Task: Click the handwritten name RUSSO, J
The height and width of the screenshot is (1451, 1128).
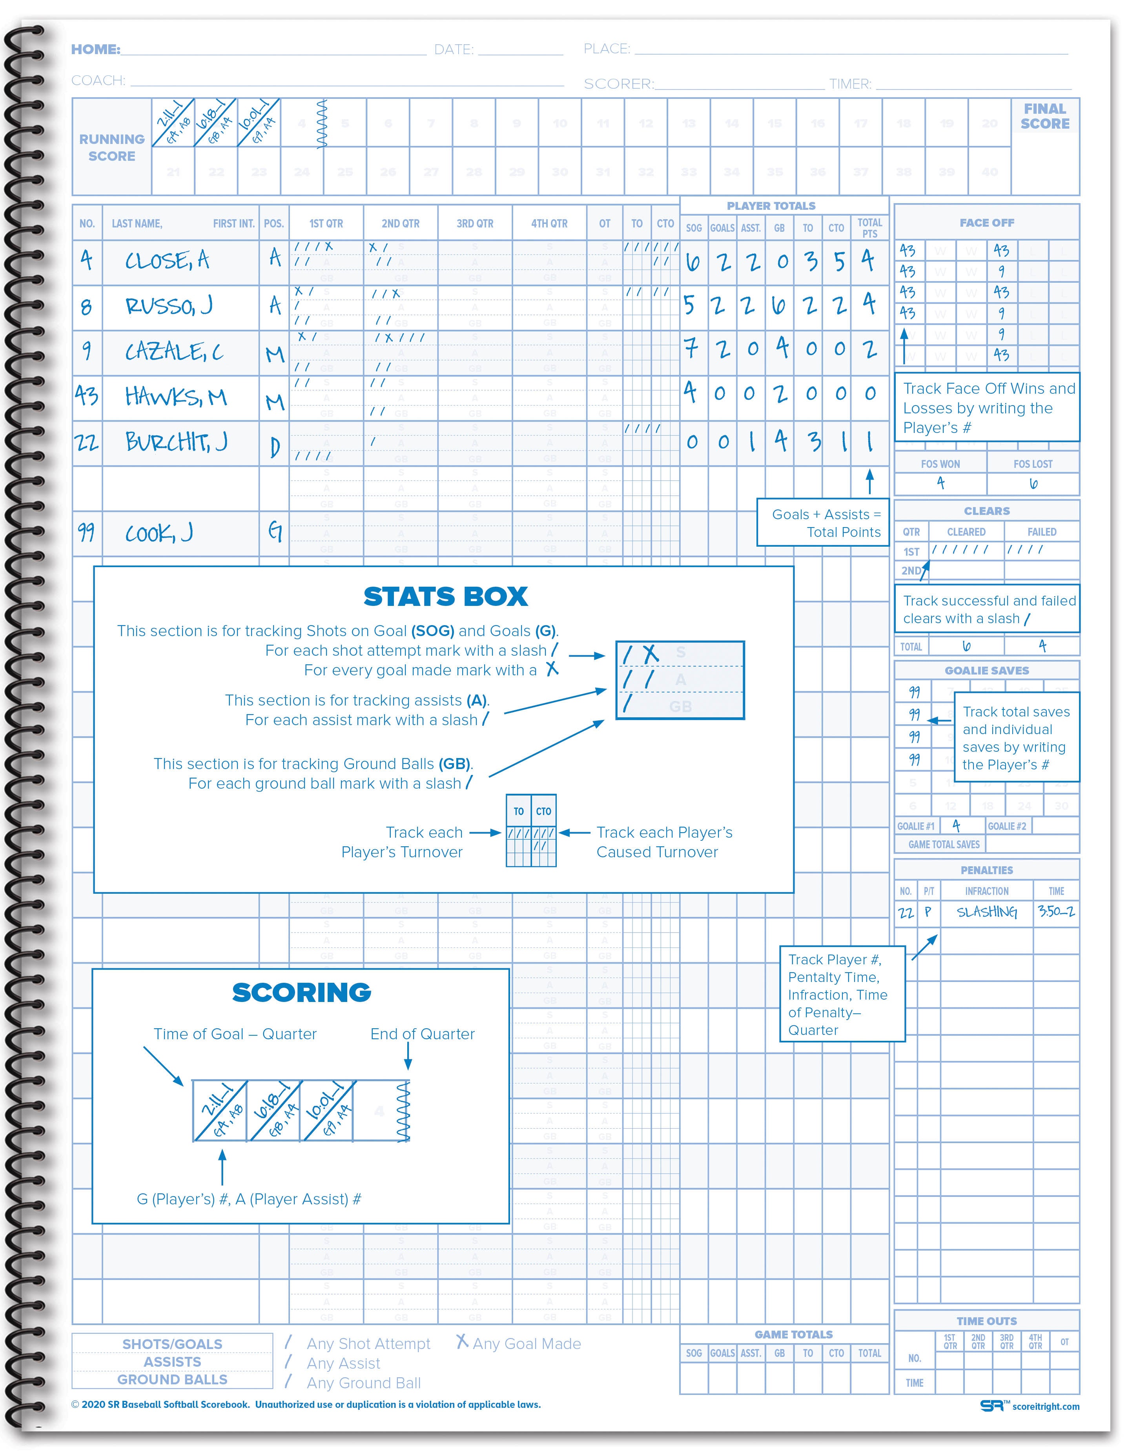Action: pyautogui.click(x=169, y=306)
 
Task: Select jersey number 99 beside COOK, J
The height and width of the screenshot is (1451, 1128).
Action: pyautogui.click(x=86, y=532)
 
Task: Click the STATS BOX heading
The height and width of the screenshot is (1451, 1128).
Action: pyautogui.click(x=445, y=596)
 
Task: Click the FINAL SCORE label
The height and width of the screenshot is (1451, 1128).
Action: pyautogui.click(x=1045, y=116)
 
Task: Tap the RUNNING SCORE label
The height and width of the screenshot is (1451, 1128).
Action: pyautogui.click(x=112, y=147)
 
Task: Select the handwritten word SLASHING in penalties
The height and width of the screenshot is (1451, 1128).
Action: pyautogui.click(x=986, y=912)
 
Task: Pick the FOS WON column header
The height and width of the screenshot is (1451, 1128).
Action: pyautogui.click(x=940, y=464)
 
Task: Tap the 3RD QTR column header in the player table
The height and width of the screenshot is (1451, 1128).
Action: pyautogui.click(x=475, y=224)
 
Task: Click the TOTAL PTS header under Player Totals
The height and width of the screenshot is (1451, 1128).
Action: pyautogui.click(x=869, y=228)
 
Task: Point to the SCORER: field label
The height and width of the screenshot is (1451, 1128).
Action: pyautogui.click(x=618, y=84)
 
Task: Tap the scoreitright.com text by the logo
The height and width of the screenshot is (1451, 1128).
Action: pyautogui.click(x=1046, y=1406)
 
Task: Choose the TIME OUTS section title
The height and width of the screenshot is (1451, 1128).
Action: pyautogui.click(x=986, y=1322)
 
